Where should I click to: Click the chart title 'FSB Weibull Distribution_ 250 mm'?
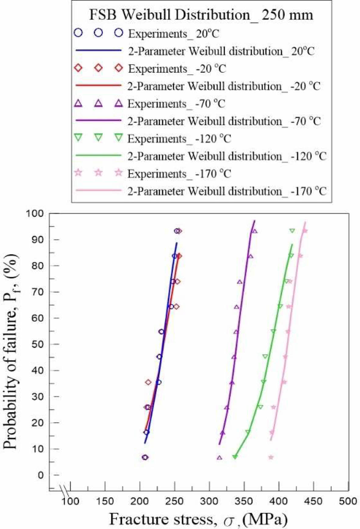[x=201, y=15]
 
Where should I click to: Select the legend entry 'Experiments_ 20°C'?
[x=173, y=34]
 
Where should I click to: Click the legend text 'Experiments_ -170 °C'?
[x=179, y=174]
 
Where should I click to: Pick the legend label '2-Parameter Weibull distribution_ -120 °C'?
[x=227, y=157]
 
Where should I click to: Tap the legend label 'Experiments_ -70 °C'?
[x=176, y=104]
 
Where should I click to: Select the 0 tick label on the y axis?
[x=41, y=475]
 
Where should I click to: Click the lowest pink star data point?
[x=271, y=457]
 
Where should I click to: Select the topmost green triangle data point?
[x=292, y=231]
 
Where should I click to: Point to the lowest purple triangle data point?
[x=219, y=457]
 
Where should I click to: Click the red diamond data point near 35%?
[x=148, y=382]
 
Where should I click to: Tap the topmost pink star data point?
[x=305, y=231]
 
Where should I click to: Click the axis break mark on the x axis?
[x=64, y=490]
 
